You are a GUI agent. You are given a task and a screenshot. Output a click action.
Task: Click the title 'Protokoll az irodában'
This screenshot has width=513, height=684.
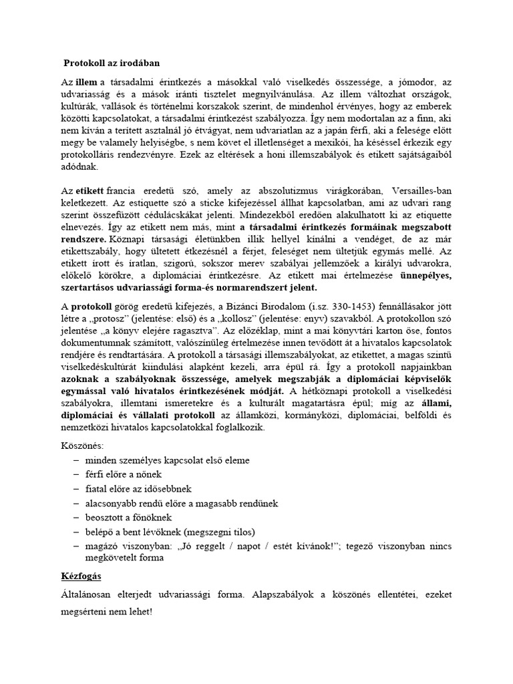(x=112, y=64)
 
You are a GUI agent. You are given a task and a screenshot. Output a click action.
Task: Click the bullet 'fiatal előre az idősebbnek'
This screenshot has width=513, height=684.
(x=134, y=488)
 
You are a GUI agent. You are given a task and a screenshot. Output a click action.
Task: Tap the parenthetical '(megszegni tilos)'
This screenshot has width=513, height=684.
(x=218, y=532)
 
